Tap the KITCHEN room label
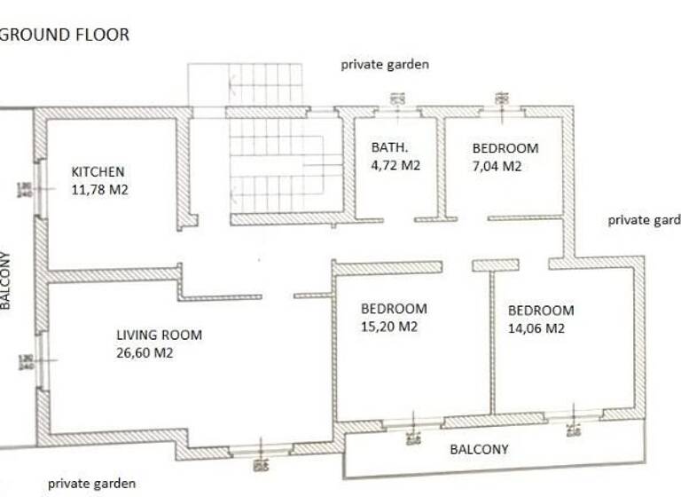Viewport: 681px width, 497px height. [x=98, y=171]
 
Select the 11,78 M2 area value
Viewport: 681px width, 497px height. [x=99, y=188]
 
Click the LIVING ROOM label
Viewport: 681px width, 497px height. [x=159, y=335]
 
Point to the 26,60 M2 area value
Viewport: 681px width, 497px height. [x=144, y=352]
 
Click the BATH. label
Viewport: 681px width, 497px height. [x=389, y=147]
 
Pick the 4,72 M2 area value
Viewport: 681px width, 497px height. [x=395, y=165]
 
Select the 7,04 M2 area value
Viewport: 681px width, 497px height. [x=497, y=166]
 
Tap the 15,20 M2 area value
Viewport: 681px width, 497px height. [x=389, y=327]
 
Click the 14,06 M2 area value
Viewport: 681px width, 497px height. [x=536, y=328]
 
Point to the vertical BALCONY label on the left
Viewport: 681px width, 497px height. [x=6, y=280]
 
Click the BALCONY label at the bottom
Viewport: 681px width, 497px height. [x=479, y=449]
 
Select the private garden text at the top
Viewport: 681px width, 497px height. [x=385, y=64]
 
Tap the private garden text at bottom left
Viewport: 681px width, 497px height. [x=91, y=484]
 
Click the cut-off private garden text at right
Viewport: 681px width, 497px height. [x=644, y=220]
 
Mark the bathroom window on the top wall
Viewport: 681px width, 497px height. [x=396, y=110]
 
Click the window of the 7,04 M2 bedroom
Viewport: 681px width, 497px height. [x=501, y=110]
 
